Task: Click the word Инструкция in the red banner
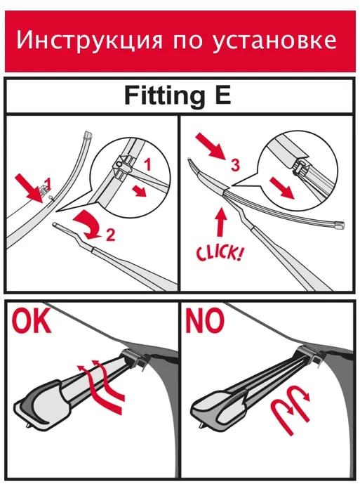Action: [89, 41]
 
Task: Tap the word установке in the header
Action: [274, 41]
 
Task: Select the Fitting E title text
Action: [178, 96]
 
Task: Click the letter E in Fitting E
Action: [222, 95]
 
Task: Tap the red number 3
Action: [235, 165]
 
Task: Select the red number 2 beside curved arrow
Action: [110, 235]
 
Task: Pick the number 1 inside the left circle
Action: [148, 164]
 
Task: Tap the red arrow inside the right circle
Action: [282, 188]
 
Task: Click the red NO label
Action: [204, 320]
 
